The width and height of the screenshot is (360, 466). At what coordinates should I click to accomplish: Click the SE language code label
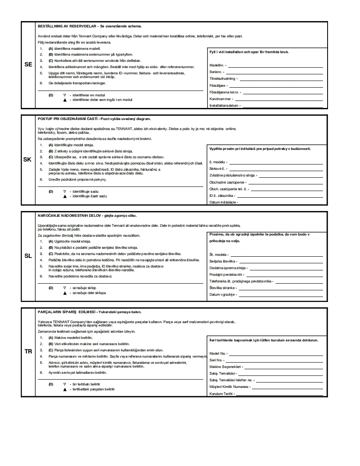28,64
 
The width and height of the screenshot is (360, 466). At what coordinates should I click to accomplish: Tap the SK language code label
27,159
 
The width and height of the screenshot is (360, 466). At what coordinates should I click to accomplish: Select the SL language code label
28,256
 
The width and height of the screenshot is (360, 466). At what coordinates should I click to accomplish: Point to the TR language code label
28,351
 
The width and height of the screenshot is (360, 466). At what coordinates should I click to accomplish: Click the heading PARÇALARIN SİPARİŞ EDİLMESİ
67,311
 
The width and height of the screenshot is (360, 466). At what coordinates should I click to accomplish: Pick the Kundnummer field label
220,99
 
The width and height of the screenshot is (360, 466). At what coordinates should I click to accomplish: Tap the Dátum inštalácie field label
223,202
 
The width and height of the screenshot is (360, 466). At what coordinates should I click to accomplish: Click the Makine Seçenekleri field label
225,367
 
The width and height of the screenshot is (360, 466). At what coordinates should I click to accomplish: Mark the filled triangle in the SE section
64,100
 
